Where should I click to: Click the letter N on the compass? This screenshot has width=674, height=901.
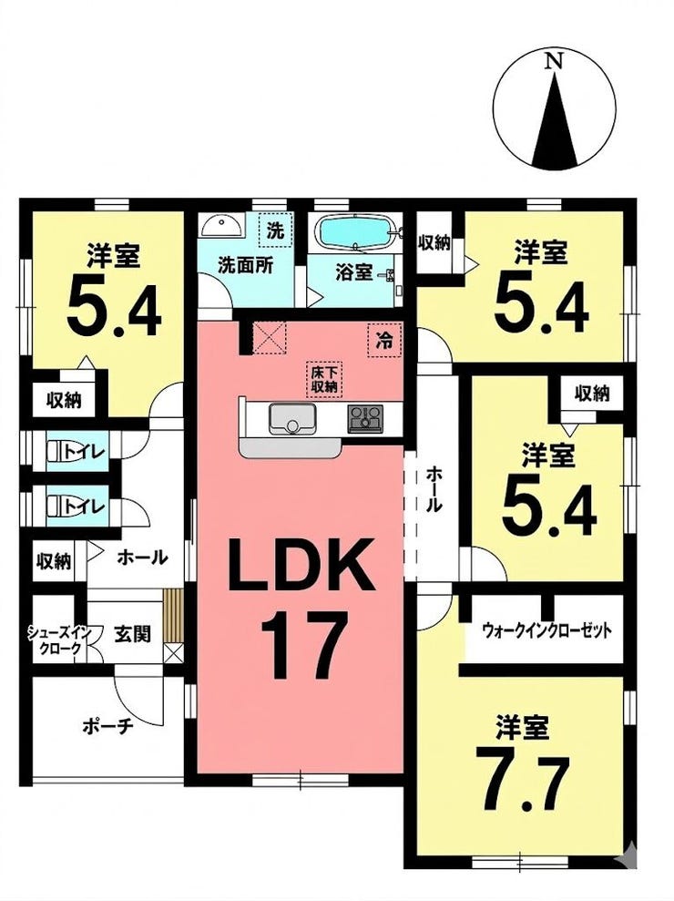pyautogui.click(x=554, y=60)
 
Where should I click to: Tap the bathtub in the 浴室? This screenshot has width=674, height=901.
pyautogui.click(x=355, y=232)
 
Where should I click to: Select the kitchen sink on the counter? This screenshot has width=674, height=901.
pyautogui.click(x=292, y=419)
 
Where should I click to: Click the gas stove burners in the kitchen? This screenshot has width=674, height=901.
pyautogui.click(x=365, y=418)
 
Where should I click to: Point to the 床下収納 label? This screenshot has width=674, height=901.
pyautogui.click(x=324, y=379)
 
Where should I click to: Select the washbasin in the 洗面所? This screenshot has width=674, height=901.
pyautogui.click(x=222, y=225)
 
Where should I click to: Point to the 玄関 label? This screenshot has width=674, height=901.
pyautogui.click(x=133, y=634)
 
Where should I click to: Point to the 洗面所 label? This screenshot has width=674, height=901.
pyautogui.click(x=245, y=267)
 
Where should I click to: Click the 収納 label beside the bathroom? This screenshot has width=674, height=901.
pyautogui.click(x=434, y=243)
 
